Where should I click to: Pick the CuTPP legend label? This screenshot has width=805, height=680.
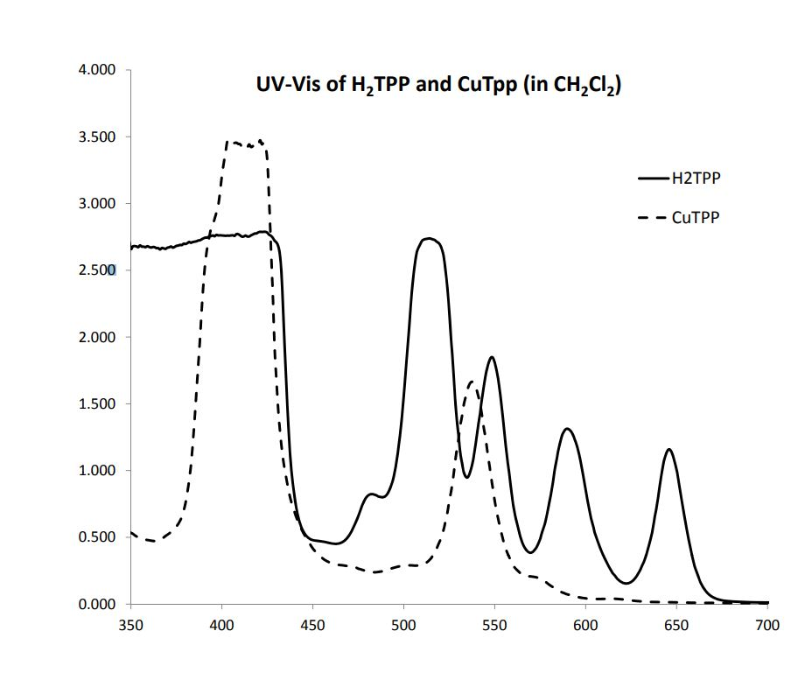pos(695,218)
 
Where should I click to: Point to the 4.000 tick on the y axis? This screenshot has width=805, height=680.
pos(99,71)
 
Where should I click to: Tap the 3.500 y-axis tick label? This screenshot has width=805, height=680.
pos(99,137)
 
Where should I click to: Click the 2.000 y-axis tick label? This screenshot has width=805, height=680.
pos(99,338)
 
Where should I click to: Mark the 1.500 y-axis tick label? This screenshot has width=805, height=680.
pos(99,404)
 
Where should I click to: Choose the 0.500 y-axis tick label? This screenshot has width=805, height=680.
pos(99,537)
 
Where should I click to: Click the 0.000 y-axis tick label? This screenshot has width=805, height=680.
pos(99,604)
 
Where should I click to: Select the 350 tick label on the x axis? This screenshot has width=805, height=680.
pos(130,623)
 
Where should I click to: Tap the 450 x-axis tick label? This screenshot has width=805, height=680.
pos(312,623)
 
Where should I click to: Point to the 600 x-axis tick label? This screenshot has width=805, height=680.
pos(584,623)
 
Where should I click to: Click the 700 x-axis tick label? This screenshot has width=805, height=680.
pos(766,623)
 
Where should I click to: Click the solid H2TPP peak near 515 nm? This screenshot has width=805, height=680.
pos(429,239)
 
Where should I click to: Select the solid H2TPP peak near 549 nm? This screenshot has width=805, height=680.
pos(492,357)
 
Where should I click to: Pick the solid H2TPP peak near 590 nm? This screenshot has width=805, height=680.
pos(567,429)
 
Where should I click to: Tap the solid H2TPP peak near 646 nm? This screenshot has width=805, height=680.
pos(668,450)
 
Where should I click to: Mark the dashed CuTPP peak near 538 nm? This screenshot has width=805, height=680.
pos(472,382)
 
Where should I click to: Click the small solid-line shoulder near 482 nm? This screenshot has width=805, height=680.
pos(371,494)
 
